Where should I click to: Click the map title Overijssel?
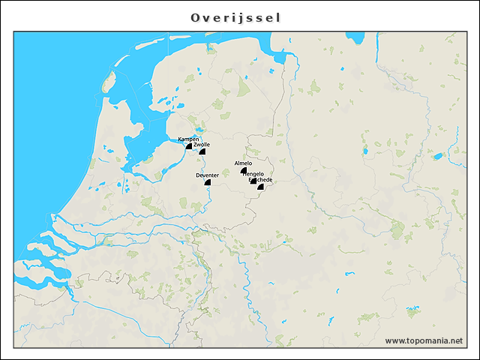tap(235, 17)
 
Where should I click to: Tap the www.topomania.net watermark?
tap(423, 340)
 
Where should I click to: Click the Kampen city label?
tap(188, 139)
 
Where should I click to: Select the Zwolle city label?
tap(202, 144)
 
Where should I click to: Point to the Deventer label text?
tap(207, 175)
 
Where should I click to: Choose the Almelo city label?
tap(243, 163)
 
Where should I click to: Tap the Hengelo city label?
tap(253, 174)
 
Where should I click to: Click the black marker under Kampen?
tap(190, 146)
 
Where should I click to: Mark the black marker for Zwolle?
tap(202, 151)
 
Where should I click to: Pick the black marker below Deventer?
tap(208, 181)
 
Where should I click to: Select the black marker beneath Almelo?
tap(244, 170)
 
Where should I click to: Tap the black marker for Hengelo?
tap(253, 180)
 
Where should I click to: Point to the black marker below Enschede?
tap(261, 187)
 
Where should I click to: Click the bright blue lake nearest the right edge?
tap(436, 157)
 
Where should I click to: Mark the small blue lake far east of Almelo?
tap(365, 151)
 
